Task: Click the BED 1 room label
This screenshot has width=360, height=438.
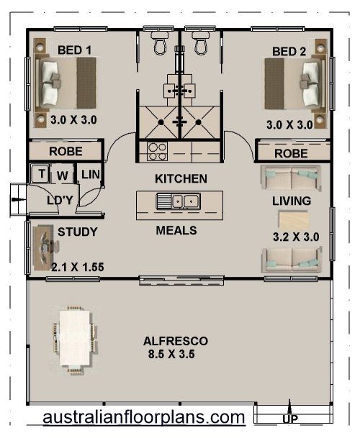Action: (74, 50)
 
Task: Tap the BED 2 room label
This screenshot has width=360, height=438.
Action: (289, 52)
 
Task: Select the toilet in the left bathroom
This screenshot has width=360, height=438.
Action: (160, 42)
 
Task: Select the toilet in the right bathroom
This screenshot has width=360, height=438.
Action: (201, 42)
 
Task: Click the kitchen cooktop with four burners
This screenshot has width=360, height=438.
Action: (157, 152)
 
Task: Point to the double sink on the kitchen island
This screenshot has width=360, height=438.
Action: (178, 201)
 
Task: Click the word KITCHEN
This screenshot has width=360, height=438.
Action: (181, 179)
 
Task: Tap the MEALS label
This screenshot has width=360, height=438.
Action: (176, 230)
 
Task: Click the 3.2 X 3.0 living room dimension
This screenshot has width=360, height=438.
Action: (296, 237)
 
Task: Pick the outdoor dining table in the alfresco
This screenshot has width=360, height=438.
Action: (75, 339)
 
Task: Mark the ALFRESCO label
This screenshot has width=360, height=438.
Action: (176, 341)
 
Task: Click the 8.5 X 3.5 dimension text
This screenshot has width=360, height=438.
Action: (171, 354)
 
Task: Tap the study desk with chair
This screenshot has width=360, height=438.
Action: (45, 247)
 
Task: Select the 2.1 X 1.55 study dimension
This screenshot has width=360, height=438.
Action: (78, 267)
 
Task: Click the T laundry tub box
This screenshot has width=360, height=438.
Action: (40, 174)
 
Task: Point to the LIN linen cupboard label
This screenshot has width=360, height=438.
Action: (91, 175)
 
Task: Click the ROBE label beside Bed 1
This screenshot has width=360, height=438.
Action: (66, 152)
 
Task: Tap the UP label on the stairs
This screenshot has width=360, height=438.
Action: (290, 419)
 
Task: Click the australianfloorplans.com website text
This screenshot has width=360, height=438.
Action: (144, 418)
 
